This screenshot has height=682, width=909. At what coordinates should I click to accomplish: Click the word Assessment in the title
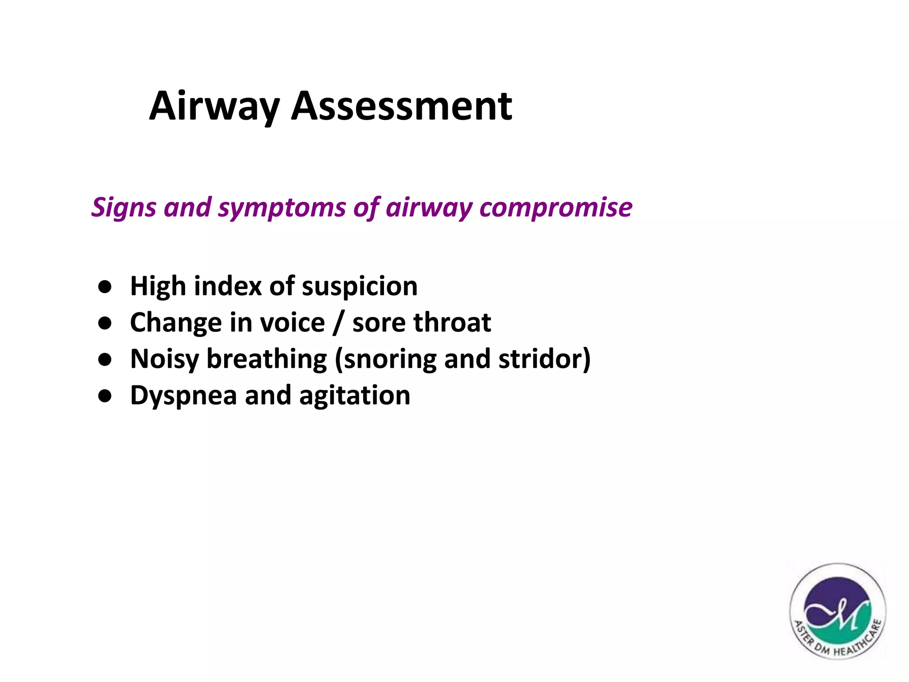(x=401, y=107)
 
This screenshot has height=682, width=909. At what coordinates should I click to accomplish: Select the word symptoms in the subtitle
(x=282, y=207)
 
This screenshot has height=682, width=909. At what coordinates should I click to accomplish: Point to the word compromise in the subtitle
(x=556, y=207)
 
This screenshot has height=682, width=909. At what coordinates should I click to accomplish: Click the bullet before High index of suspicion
(x=105, y=287)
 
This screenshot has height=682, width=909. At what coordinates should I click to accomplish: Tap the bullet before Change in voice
(x=105, y=323)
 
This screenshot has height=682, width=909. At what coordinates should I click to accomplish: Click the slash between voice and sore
(x=338, y=323)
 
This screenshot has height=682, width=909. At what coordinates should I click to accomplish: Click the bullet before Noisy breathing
(x=105, y=360)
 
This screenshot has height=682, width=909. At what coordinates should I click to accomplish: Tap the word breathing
(x=267, y=359)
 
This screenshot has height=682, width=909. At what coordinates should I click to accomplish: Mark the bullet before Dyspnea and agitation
(x=105, y=396)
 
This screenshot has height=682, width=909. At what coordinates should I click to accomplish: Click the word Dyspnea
(x=183, y=396)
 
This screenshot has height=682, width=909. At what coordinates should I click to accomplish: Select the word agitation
(x=354, y=396)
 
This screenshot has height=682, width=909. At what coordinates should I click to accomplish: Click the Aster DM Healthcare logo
(x=838, y=611)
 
